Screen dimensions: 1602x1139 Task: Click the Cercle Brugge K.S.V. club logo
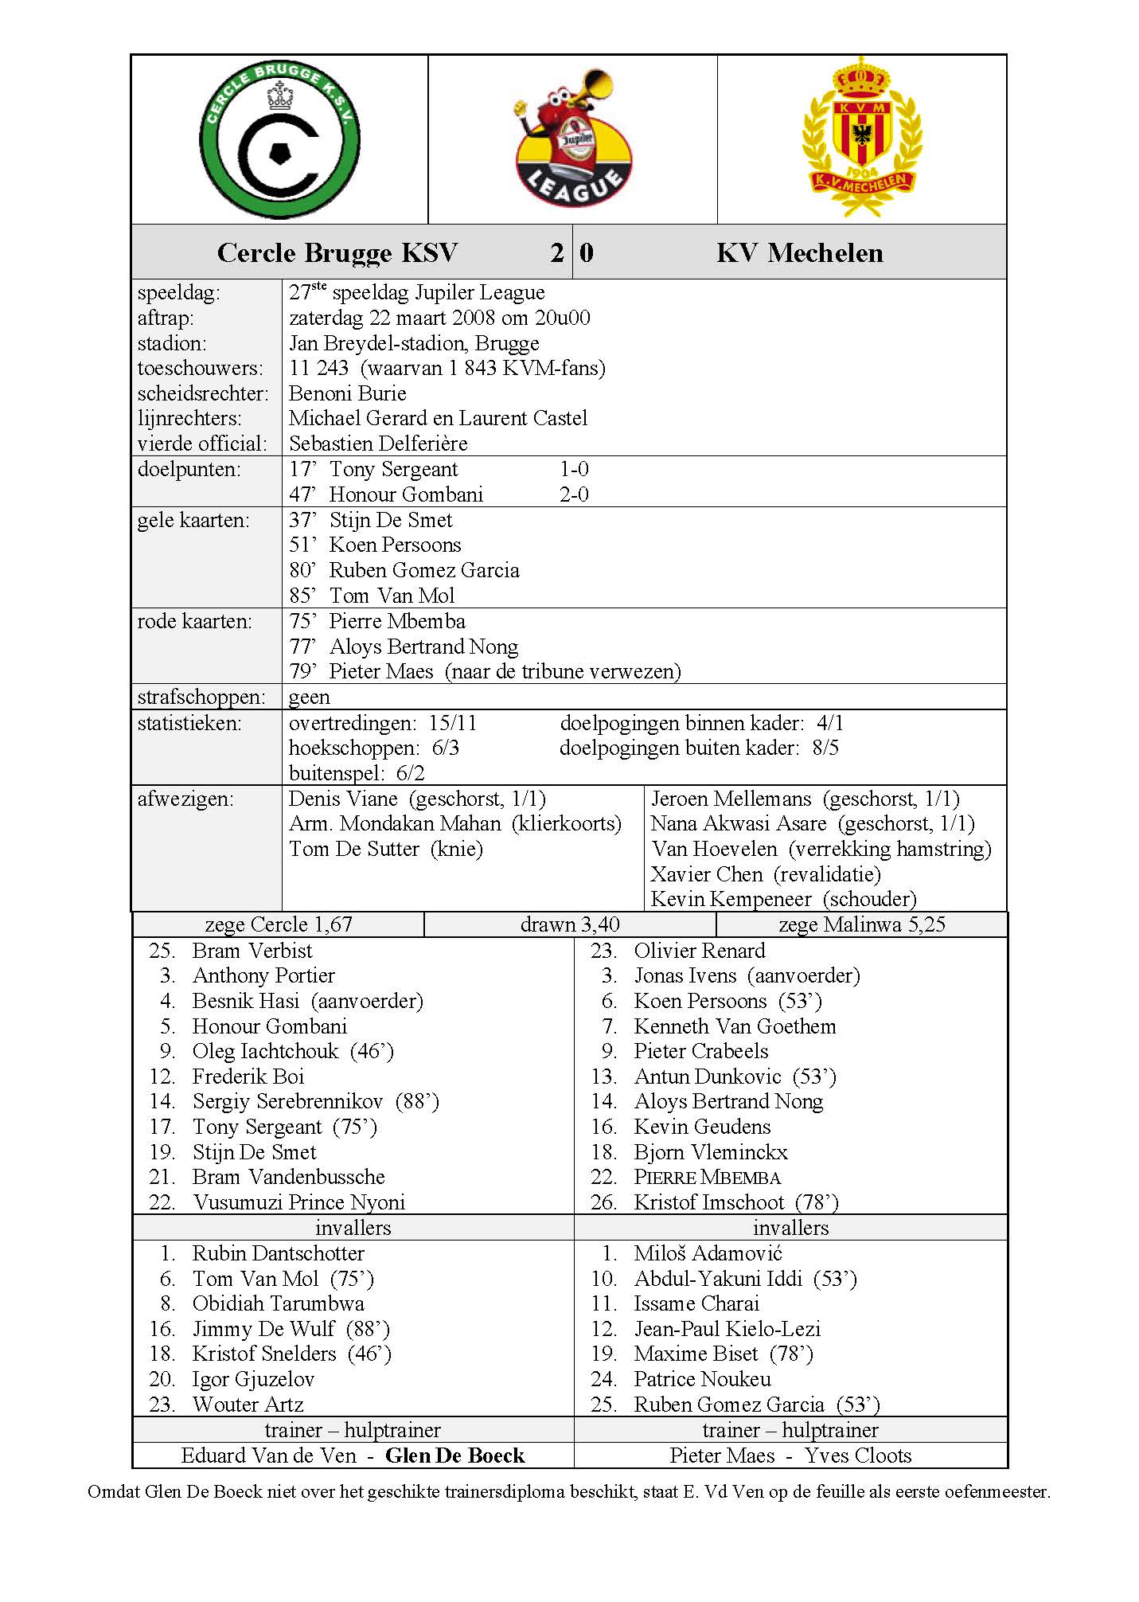(x=279, y=140)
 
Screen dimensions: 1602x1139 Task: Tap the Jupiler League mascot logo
(x=573, y=139)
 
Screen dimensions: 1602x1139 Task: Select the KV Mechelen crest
(x=861, y=136)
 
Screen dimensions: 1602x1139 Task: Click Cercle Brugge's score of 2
(x=556, y=253)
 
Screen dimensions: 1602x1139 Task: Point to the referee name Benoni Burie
(x=347, y=393)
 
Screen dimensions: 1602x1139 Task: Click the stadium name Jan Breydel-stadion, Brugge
(x=413, y=343)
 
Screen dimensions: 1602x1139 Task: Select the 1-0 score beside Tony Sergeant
(x=574, y=469)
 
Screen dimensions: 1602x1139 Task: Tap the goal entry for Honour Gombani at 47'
(x=386, y=494)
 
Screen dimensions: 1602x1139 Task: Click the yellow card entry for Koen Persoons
(x=375, y=545)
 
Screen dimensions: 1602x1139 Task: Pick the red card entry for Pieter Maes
(x=485, y=671)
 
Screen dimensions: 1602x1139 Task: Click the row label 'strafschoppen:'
(x=201, y=697)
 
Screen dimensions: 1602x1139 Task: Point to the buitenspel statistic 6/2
(x=357, y=773)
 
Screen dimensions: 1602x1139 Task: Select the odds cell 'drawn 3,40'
(x=570, y=924)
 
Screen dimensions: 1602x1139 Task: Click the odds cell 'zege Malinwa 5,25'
(x=861, y=924)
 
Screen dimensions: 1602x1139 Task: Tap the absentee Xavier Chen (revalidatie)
(x=765, y=874)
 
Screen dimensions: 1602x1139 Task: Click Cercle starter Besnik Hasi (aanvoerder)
(x=307, y=1001)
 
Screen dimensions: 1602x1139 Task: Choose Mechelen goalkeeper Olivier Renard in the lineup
(x=699, y=951)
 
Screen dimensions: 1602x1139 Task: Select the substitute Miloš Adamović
(x=708, y=1253)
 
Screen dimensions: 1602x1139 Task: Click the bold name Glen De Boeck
(x=454, y=1456)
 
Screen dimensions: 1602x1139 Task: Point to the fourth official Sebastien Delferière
(x=378, y=443)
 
